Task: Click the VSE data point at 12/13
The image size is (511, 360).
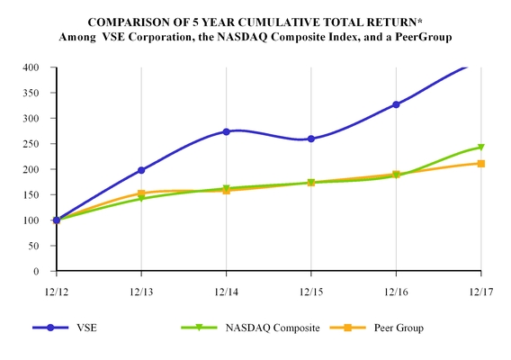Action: point(141,170)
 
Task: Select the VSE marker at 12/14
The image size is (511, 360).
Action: point(226,131)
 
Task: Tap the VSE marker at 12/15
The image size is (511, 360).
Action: point(311,139)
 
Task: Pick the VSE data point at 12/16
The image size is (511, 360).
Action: point(396,104)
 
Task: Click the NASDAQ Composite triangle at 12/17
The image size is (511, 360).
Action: point(481,148)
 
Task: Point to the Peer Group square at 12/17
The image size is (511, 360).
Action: point(481,164)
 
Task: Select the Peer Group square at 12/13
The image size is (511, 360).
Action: point(141,193)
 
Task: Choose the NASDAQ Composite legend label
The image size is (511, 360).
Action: point(270,328)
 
